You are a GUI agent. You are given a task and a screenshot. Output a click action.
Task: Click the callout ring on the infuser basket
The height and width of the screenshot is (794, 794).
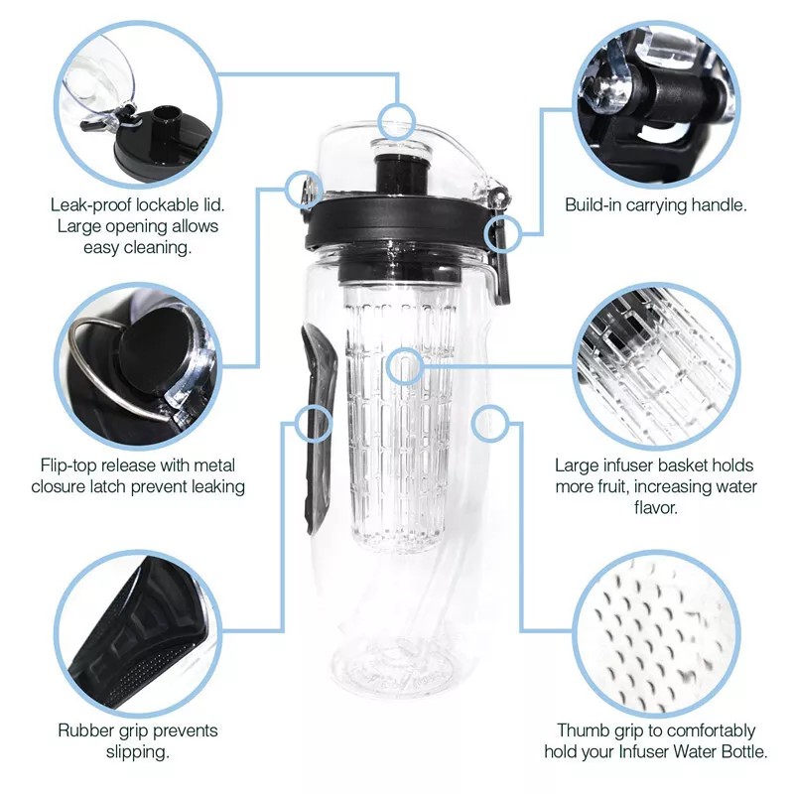coord(403,366)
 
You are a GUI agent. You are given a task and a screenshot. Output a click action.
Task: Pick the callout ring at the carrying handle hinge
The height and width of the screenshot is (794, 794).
coord(499,234)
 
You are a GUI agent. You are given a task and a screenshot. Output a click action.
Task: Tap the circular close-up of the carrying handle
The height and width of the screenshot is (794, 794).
coord(655,99)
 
